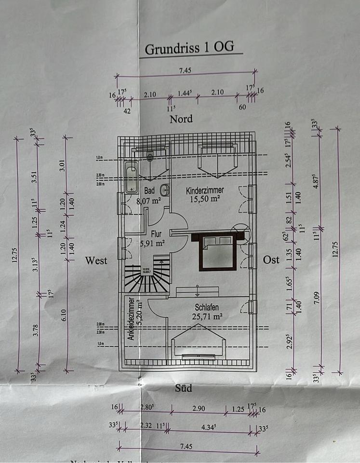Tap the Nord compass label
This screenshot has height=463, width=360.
pyautogui.click(x=181, y=119)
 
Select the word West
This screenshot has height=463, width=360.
pyautogui.click(x=96, y=261)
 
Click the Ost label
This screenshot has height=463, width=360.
pyautogui.click(x=271, y=260)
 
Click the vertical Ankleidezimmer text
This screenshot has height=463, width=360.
pyautogui.click(x=131, y=319)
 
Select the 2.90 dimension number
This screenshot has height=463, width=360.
pyautogui.click(x=199, y=409)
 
